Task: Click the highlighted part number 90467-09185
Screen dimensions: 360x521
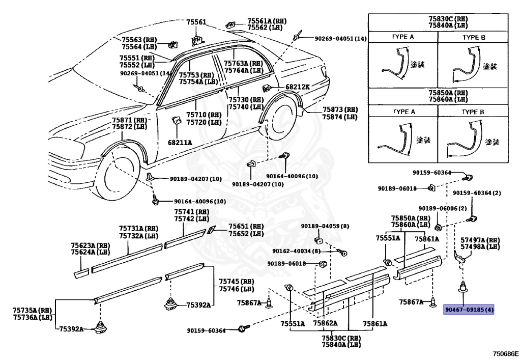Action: (469, 309)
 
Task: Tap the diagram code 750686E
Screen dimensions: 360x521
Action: (505, 353)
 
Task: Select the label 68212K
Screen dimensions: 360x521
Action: (298, 87)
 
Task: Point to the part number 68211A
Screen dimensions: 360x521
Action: (180, 143)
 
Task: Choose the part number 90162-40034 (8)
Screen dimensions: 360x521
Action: (303, 251)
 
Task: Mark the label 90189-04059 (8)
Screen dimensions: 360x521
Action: (325, 226)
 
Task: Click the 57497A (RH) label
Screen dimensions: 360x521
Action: (480, 239)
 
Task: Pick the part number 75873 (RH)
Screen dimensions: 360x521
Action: (339, 109)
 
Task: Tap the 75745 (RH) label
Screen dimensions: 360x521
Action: (236, 282)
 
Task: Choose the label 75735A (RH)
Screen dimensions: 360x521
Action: (32, 310)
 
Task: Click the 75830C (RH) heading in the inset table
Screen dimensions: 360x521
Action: (448, 19)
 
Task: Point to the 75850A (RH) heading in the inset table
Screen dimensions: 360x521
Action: (448, 93)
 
